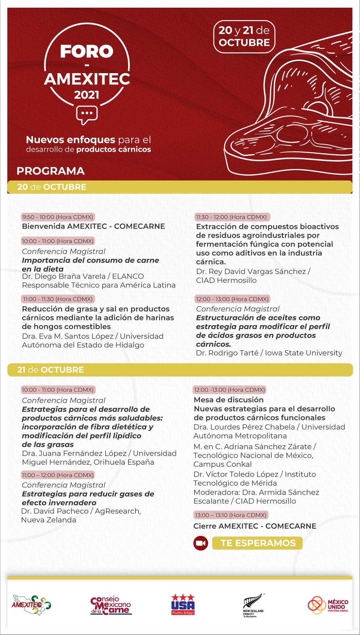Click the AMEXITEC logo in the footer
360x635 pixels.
point(31,604)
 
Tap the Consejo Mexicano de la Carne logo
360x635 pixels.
point(111,606)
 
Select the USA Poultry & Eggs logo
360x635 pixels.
point(183,604)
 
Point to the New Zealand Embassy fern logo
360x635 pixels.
point(253,605)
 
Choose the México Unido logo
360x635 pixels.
point(328,605)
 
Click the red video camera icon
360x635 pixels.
point(201,543)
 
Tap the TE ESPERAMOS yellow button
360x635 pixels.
point(258,543)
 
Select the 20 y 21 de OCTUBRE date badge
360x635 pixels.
point(244,36)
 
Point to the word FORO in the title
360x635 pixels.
point(87,51)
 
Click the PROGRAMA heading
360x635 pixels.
point(50,171)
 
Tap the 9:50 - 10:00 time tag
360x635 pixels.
point(58,217)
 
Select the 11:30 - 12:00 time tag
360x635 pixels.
point(232,217)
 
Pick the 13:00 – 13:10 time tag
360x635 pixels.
point(230,515)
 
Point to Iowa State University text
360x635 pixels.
point(303,353)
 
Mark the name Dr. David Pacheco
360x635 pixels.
point(55,511)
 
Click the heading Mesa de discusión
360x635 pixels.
point(229,400)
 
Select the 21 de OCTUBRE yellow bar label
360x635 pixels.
point(50,370)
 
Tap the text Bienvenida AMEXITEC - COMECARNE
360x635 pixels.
point(93,226)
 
